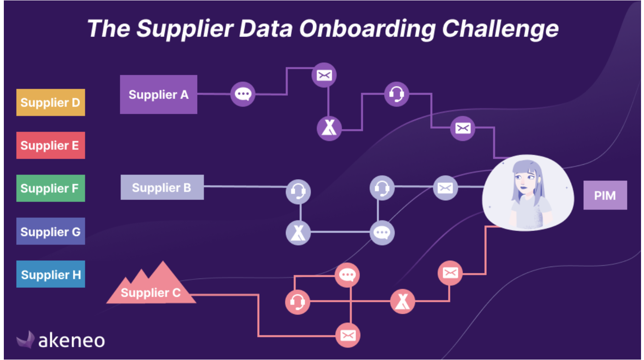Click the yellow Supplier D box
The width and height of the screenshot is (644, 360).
click(51, 102)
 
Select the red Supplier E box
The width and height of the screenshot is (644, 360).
click(51, 145)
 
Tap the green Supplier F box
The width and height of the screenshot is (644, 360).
click(51, 188)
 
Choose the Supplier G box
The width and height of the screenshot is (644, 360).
click(51, 231)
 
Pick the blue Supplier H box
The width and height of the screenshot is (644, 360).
click(51, 274)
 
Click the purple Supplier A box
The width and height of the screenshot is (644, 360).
click(158, 94)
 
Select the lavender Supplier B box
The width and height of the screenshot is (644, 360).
click(162, 187)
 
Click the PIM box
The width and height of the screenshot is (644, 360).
click(605, 195)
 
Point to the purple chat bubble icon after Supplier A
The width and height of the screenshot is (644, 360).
click(243, 94)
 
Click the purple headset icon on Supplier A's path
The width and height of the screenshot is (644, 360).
click(396, 94)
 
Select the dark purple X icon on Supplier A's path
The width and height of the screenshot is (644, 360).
click(329, 128)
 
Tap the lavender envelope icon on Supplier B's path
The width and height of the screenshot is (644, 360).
click(445, 188)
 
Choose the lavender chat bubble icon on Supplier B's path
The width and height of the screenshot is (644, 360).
click(382, 233)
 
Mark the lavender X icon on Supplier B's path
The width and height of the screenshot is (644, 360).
click(298, 233)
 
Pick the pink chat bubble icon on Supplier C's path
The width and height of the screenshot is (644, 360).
click(347, 275)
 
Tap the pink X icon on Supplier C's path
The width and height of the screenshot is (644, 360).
click(402, 301)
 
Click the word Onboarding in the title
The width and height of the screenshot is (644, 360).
click(367, 29)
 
